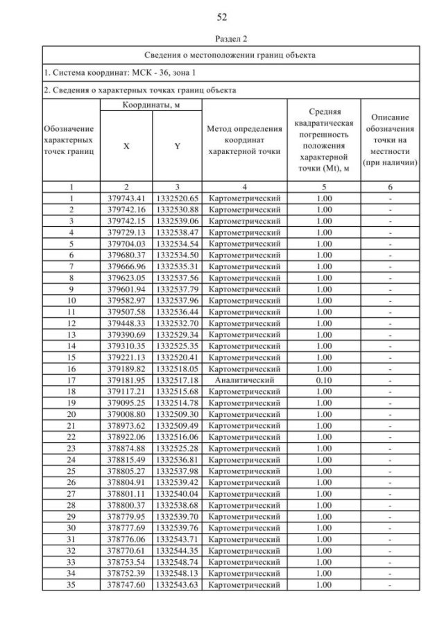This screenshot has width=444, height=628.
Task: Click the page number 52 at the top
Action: coord(222,17)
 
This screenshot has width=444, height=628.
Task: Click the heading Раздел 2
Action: coord(222,40)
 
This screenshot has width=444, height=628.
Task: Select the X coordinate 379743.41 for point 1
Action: coord(126,198)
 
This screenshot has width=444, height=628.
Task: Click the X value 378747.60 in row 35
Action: coord(126,584)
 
